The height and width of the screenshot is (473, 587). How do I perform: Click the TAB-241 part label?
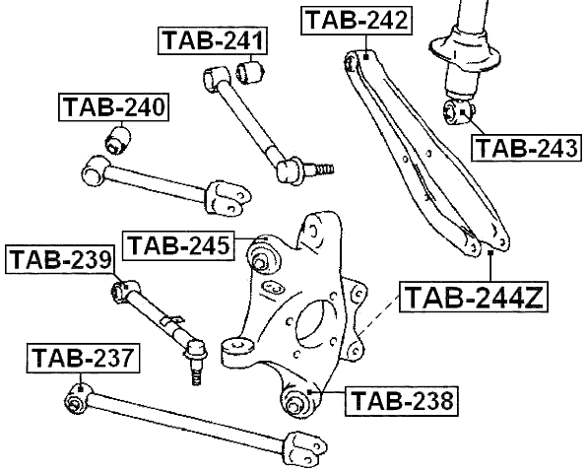[x=213, y=43]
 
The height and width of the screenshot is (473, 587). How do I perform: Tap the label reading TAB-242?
[x=356, y=21]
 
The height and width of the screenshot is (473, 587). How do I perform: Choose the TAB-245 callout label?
[x=178, y=244]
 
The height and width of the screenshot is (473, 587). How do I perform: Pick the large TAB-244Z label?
[x=473, y=296]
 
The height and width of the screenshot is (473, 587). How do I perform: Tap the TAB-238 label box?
[x=402, y=401]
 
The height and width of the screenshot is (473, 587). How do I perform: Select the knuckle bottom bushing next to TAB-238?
[x=293, y=402]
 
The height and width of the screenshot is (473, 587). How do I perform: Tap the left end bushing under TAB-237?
[x=76, y=401]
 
